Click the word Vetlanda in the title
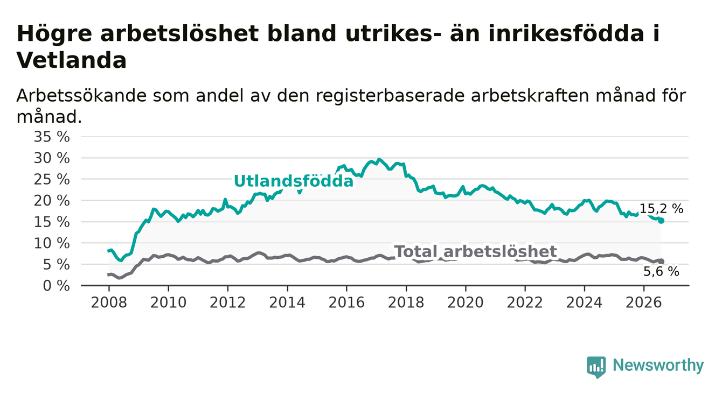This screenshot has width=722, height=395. (71, 60)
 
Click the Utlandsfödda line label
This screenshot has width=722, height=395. (294, 181)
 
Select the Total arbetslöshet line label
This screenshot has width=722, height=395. (476, 251)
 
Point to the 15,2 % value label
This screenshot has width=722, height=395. (661, 209)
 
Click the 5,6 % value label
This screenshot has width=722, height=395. (661, 272)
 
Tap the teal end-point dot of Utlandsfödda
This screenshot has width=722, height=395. (661, 221)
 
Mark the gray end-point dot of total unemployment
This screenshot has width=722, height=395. (661, 262)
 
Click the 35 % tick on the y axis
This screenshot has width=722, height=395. (52, 137)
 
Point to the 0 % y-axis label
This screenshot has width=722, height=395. (56, 286)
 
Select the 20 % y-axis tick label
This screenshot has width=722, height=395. (52, 201)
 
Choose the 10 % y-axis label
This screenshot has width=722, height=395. (52, 243)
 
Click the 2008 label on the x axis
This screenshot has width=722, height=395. (109, 303)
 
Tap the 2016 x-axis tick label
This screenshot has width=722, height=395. (346, 303)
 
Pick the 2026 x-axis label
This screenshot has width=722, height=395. (644, 303)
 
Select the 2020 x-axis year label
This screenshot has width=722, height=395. (466, 303)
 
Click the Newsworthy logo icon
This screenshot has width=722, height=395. (596, 367)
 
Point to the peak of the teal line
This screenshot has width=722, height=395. (379, 159)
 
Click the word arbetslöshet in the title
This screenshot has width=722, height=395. (179, 33)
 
